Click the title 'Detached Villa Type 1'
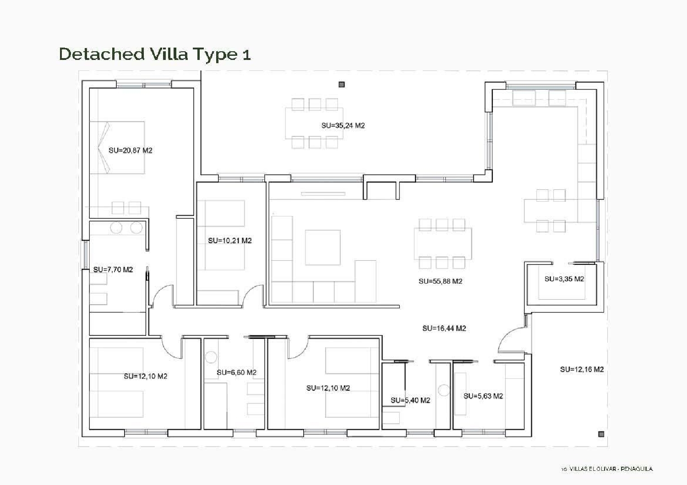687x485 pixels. (155, 54)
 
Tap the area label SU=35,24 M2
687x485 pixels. (343, 125)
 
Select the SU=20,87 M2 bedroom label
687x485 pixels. (131, 150)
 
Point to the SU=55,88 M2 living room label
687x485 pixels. (440, 281)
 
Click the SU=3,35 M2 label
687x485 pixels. (564, 279)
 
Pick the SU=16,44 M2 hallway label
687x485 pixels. (444, 328)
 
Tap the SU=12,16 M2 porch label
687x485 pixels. (582, 369)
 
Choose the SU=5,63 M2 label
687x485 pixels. (483, 396)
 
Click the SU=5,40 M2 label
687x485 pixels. (410, 400)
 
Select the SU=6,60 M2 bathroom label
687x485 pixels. (236, 372)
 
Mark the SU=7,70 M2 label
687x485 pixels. (113, 269)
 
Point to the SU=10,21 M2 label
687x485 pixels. (230, 240)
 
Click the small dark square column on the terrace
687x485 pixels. (342, 85)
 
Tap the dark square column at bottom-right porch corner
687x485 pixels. (601, 434)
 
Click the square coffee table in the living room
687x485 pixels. (323, 248)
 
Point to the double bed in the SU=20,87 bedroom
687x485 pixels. (118, 147)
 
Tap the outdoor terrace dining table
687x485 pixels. (314, 123)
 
